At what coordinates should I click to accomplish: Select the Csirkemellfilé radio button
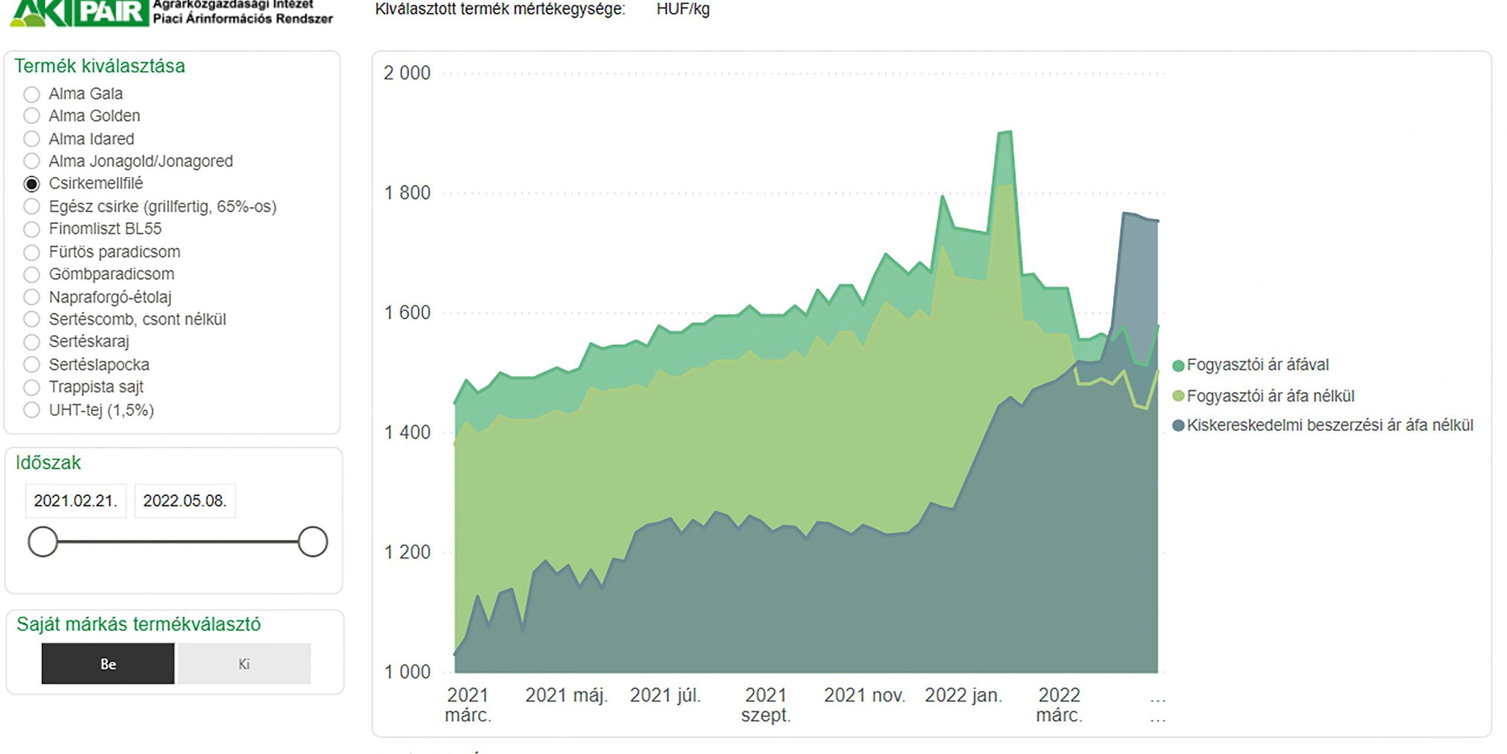[x=32, y=184]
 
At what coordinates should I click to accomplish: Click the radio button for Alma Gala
[x=32, y=94]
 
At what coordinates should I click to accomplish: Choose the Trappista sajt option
[x=32, y=388]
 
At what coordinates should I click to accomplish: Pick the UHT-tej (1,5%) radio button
[x=32, y=410]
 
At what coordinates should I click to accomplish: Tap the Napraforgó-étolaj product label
[x=110, y=297]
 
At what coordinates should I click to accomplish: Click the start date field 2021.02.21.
[x=75, y=501]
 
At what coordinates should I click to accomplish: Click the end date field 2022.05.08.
[x=184, y=501]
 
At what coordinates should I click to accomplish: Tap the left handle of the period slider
[x=43, y=541]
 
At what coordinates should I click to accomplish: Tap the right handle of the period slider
[x=313, y=541]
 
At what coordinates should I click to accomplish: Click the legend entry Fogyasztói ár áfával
[x=1257, y=365]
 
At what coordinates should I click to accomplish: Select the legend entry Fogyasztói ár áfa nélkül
[x=1270, y=396]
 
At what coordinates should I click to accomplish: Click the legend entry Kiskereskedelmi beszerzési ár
[x=1329, y=425]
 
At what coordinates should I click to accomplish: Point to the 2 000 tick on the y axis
[x=407, y=74]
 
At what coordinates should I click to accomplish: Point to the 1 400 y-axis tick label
[x=407, y=433]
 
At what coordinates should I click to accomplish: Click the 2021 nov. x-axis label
[x=864, y=696]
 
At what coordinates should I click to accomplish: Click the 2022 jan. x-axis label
[x=963, y=696]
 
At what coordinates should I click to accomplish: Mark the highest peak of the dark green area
[x=1005, y=132]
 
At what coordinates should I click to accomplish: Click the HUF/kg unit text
[x=683, y=9]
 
